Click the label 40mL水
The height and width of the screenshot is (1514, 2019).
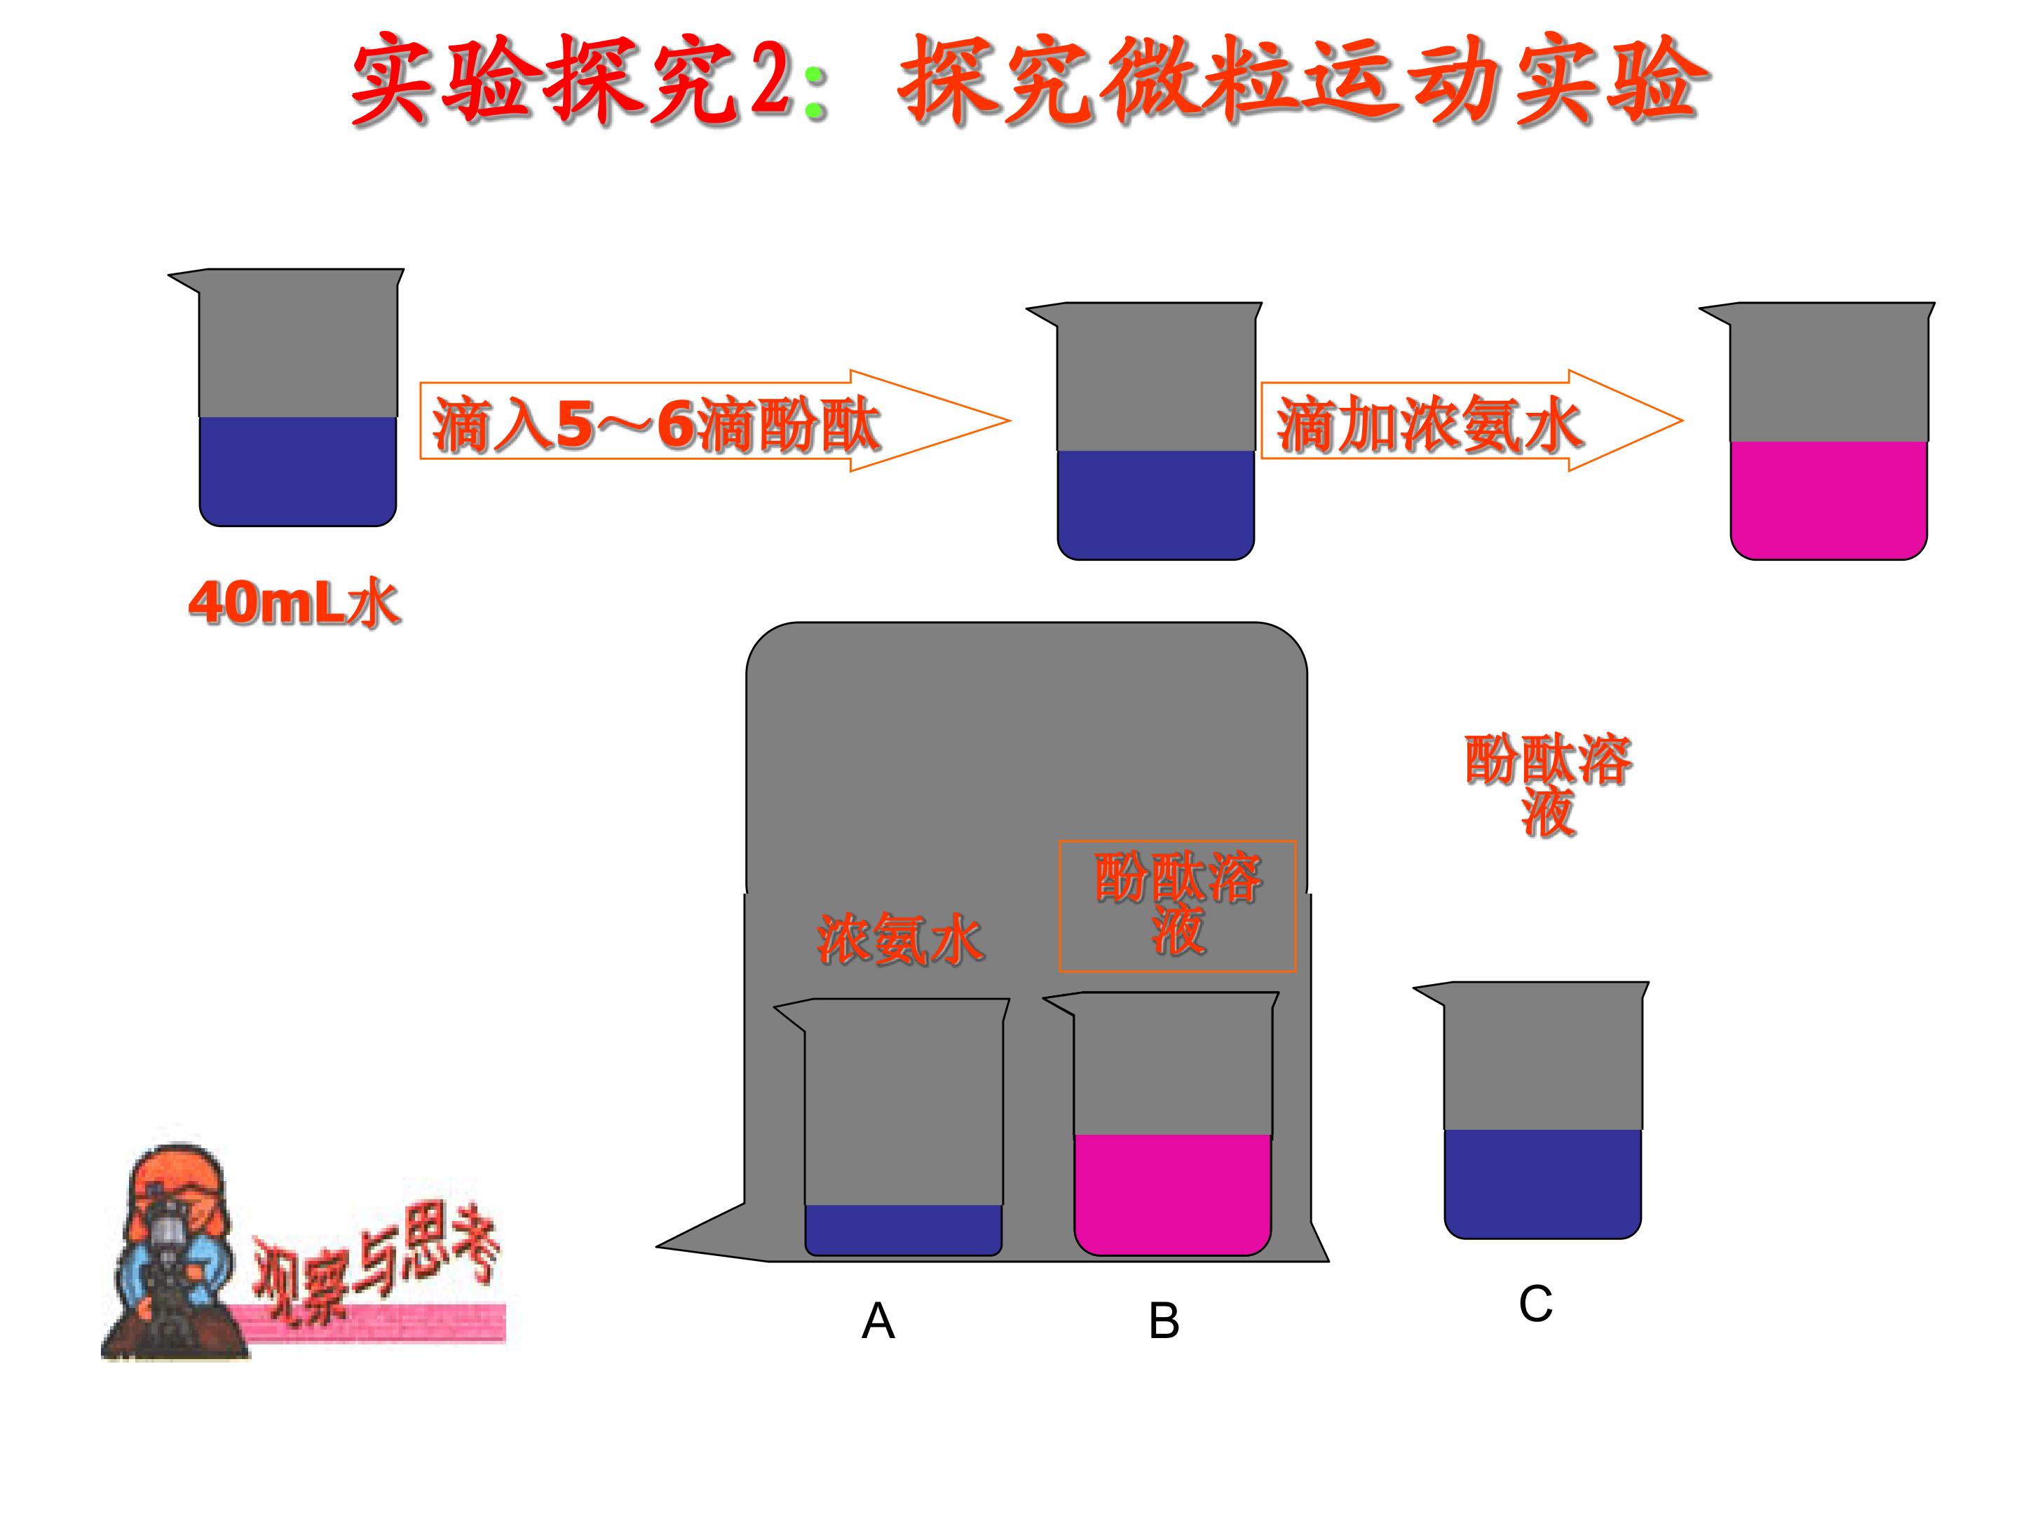(x=294, y=603)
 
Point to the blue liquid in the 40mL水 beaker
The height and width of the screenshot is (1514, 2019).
(x=297, y=470)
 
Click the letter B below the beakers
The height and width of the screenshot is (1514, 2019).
(x=1164, y=1321)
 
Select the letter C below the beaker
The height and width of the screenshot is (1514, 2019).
(x=1535, y=1303)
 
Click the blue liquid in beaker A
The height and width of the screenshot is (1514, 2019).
(x=903, y=1229)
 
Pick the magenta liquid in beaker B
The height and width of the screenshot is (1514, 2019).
(x=1173, y=1193)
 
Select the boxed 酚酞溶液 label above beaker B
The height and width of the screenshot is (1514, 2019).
(x=1178, y=904)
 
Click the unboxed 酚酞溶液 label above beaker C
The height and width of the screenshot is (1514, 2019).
(x=1548, y=786)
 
